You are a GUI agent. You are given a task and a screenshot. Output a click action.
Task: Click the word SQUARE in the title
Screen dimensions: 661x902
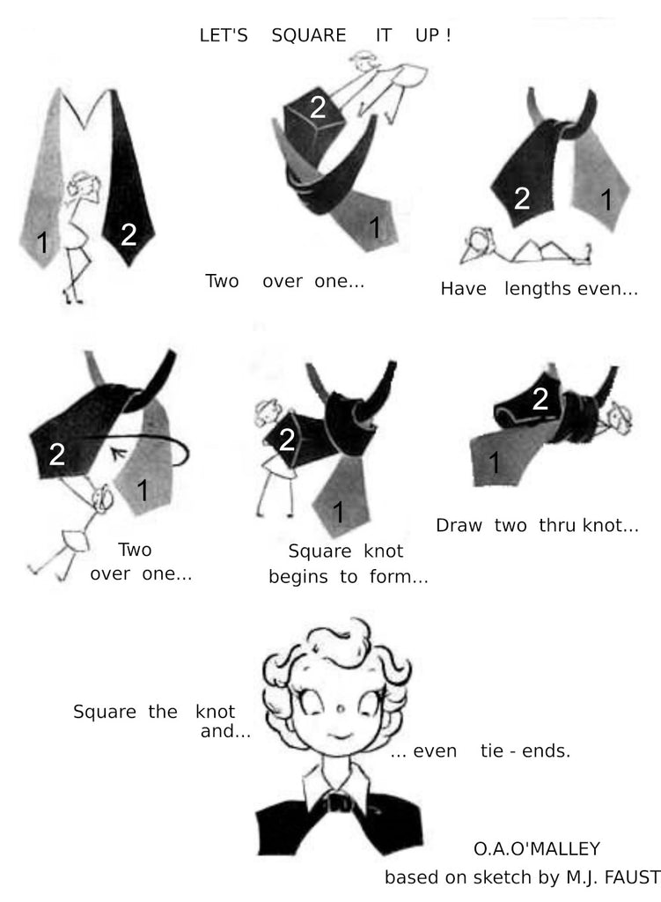tap(309, 35)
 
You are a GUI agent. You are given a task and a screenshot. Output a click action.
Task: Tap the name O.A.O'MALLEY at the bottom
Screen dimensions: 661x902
tap(537, 848)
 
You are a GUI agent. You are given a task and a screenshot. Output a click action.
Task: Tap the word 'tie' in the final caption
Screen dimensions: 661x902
tap(491, 750)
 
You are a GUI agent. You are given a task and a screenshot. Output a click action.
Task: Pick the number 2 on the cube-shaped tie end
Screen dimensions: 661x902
tap(318, 107)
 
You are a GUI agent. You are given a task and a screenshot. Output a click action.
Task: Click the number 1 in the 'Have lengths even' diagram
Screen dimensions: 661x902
tap(606, 200)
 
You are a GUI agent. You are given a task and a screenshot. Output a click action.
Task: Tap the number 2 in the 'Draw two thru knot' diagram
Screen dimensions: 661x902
tap(540, 399)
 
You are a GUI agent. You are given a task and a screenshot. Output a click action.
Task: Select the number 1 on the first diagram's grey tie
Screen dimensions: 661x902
tap(42, 242)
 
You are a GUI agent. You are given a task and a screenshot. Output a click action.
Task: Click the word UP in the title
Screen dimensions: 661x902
tap(427, 35)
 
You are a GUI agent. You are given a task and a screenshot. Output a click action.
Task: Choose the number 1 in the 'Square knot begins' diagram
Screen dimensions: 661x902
tap(338, 512)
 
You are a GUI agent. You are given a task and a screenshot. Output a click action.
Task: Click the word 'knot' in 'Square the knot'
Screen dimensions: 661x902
tap(215, 712)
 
